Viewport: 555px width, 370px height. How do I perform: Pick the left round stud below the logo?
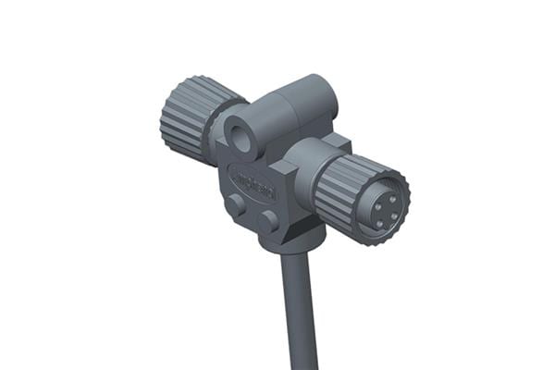pos(238,205)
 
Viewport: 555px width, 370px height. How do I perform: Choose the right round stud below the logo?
pos(267,221)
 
